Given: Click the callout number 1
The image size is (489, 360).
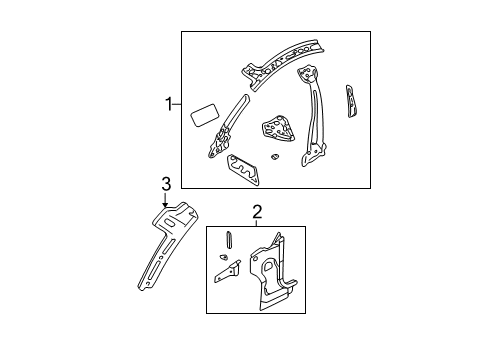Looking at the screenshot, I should point(171,102).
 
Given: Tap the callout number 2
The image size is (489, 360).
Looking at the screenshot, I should point(257,213).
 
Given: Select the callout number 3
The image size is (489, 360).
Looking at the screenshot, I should point(166,182).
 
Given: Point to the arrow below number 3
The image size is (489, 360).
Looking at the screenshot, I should point(166,200).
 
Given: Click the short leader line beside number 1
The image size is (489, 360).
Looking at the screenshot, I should point(178,102).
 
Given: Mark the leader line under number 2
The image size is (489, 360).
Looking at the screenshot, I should point(257,223).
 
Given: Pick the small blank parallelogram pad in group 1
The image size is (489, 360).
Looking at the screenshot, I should point(203,112).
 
